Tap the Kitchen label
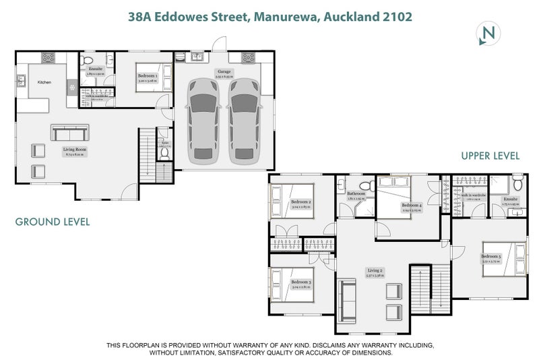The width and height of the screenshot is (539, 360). point(44,82)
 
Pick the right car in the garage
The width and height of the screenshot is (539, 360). point(243,120)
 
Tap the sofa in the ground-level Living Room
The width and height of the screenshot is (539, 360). point(69,131)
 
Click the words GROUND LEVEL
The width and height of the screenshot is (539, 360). point(52,221)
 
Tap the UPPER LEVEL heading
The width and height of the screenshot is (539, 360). point(490,156)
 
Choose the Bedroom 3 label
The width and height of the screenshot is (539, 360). point(300,281)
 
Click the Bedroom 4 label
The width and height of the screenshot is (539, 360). point(411,205)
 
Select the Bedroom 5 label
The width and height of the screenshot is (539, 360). point(491,256)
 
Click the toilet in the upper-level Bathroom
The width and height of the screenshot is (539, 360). point(364,185)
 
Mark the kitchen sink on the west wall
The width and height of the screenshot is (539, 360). point(20,80)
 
